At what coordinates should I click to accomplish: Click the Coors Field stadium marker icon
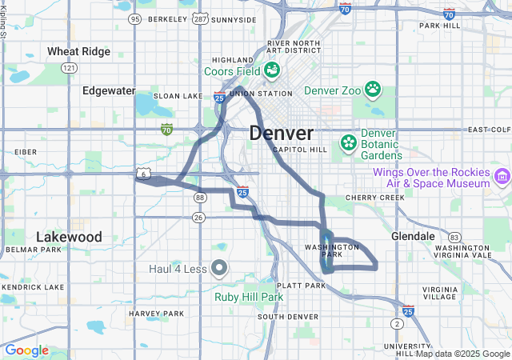272,70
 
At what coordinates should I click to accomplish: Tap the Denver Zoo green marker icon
373,89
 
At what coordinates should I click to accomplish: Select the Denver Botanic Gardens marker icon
349,144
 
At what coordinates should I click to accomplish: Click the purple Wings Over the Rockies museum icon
502,176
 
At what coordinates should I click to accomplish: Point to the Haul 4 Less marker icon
220,268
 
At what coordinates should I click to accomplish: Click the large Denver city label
281,133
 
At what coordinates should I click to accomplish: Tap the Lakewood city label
69,237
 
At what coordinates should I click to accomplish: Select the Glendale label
413,237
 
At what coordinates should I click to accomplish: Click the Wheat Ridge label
78,51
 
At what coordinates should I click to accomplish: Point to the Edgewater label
109,90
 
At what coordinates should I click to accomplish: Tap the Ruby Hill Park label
249,297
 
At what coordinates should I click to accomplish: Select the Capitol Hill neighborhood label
300,150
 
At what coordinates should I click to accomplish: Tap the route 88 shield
200,197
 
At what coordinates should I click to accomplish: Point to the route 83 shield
454,237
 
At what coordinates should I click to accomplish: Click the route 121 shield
70,69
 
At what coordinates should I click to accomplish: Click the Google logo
26,350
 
